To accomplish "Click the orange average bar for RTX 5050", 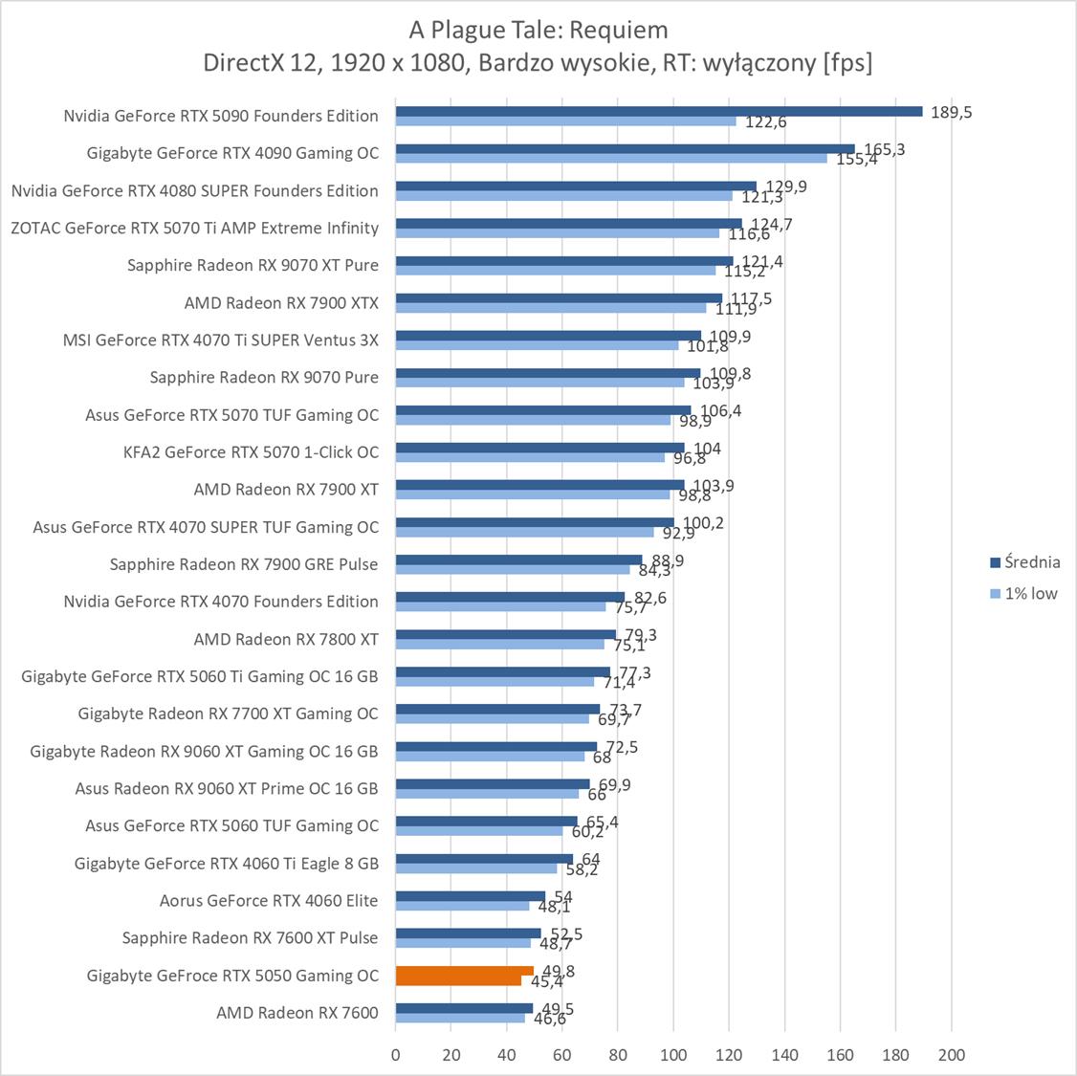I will [465, 971].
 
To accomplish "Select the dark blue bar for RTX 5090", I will [658, 111].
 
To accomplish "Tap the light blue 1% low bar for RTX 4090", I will [611, 158].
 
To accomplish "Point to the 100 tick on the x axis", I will [673, 1055].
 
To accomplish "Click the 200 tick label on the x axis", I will [952, 1055].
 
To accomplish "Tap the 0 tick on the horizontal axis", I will [396, 1055].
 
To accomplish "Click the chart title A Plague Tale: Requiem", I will [538, 30].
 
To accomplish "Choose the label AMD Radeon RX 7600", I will [297, 1013].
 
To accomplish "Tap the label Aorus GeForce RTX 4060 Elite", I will [269, 901].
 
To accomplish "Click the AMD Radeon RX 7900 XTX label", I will [281, 303].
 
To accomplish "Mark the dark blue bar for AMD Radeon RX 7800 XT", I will [506, 634].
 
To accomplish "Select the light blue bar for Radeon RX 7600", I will [460, 1018].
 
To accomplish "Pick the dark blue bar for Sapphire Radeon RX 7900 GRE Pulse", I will [519, 560].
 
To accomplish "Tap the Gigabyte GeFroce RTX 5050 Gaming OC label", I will [232, 976].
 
